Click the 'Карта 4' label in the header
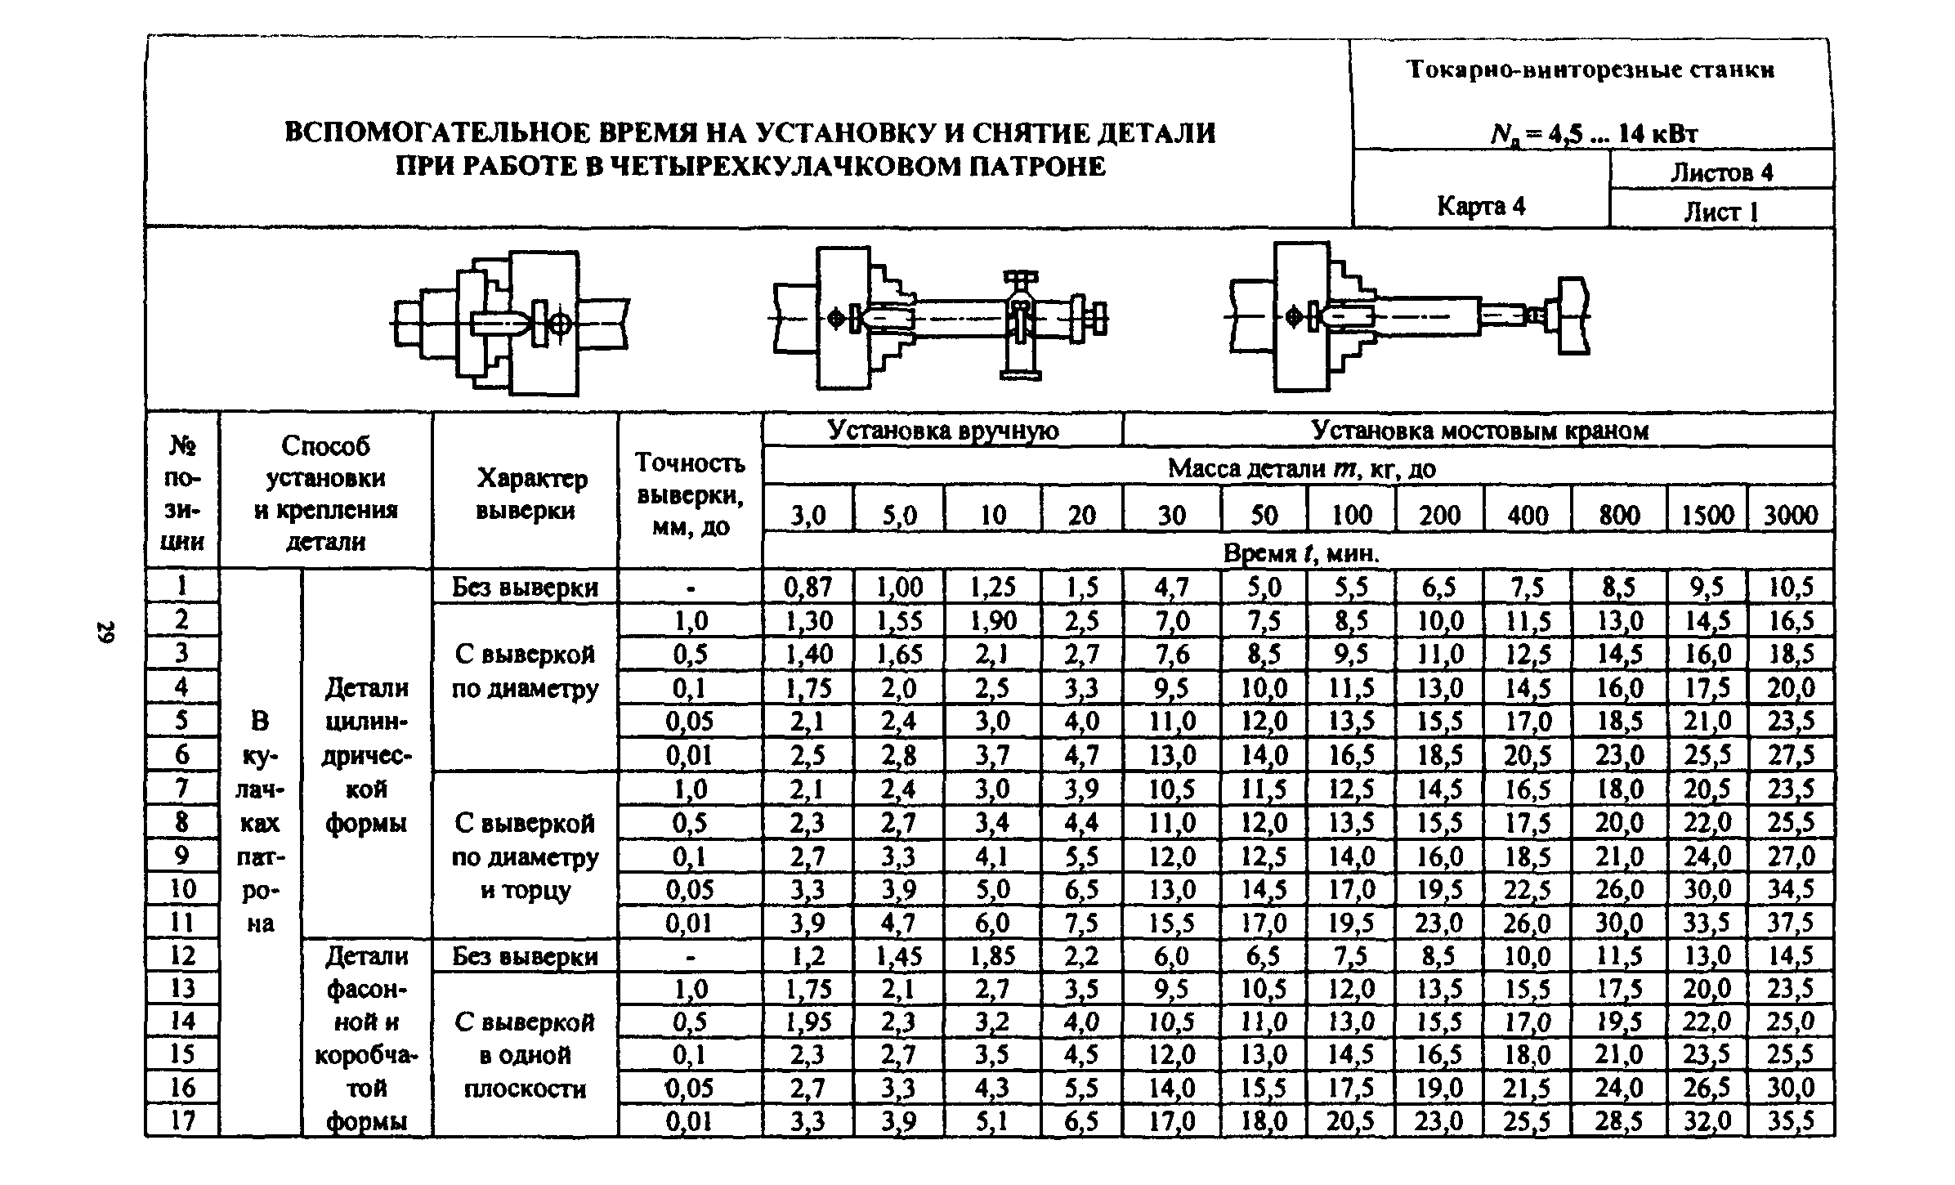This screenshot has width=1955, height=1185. click(1481, 206)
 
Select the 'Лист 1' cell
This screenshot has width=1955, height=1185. click(1720, 212)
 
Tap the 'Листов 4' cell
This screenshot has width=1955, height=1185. click(1720, 172)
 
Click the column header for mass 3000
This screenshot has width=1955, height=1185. click(1791, 515)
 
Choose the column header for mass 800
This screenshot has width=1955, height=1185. click(1618, 515)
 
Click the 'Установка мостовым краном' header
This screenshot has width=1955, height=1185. click(1479, 430)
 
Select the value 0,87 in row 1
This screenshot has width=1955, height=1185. click(807, 587)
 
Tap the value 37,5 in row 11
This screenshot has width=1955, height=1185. click(1791, 923)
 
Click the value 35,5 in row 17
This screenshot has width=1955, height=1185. click(1791, 1120)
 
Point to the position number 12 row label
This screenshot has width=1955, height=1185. click(182, 955)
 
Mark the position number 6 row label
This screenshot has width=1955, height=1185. click(182, 754)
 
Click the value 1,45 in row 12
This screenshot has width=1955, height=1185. click(899, 955)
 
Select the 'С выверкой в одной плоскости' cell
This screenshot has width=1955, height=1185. click(525, 1055)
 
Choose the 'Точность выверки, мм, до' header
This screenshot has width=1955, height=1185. click(690, 494)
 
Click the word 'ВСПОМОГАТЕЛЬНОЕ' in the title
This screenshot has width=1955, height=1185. click(434, 133)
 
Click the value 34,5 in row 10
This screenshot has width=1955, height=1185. click(1791, 889)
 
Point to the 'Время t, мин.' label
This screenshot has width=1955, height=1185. click(1300, 554)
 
